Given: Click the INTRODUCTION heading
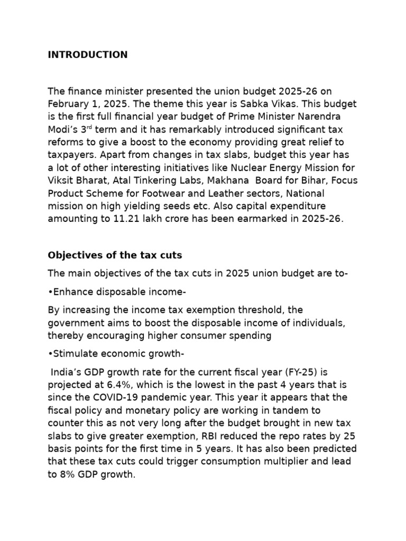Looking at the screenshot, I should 87,55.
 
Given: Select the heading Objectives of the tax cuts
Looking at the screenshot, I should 115,255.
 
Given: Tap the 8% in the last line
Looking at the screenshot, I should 67,474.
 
